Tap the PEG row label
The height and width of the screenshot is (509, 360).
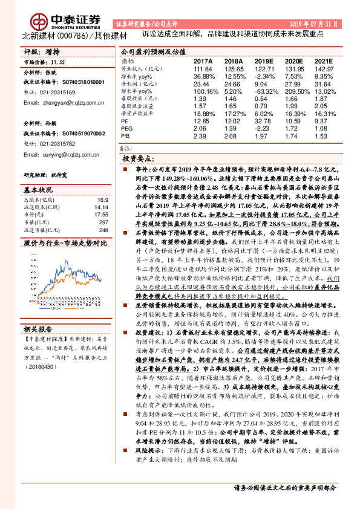(x=127, y=129)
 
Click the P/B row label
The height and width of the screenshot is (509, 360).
(x=126, y=137)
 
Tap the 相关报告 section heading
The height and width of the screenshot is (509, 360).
(x=39, y=329)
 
